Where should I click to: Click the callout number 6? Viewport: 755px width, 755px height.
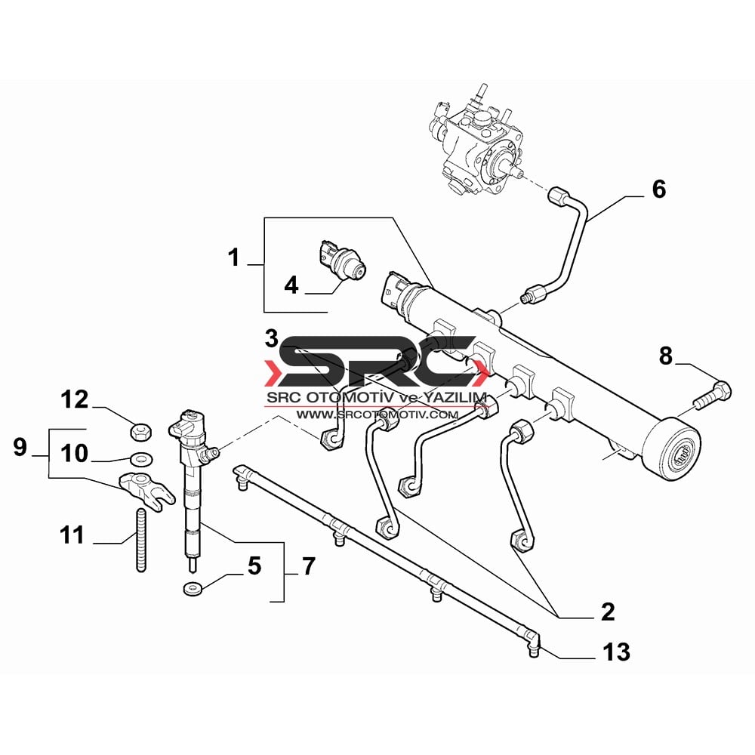658,189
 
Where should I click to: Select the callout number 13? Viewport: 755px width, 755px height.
616,652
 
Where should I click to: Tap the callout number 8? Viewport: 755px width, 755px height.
665,356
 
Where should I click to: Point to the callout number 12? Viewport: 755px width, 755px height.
75,399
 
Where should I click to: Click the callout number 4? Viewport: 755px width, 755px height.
291,285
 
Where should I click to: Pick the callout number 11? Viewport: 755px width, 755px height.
72,535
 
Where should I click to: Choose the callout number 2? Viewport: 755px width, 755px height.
608,612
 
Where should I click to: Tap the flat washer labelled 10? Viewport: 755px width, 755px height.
141,458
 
